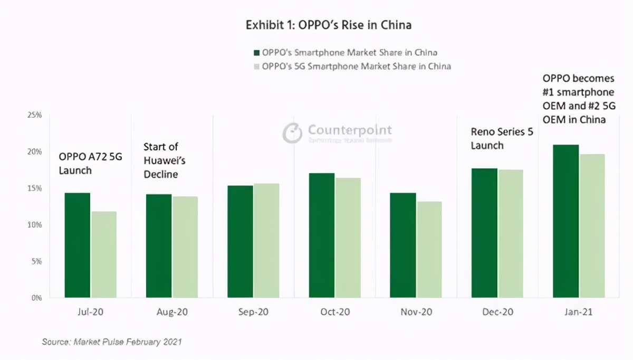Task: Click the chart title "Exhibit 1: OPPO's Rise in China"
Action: point(328,25)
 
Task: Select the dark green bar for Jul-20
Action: point(78,245)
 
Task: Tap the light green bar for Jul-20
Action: point(104,255)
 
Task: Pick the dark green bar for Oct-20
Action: point(322,235)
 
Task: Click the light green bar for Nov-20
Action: point(429,250)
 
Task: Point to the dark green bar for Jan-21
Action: point(566,221)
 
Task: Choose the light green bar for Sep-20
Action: point(266,241)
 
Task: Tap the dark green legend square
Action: point(257,53)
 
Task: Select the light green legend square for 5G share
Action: point(257,67)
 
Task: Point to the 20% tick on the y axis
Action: point(35,152)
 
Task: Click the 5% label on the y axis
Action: point(36,261)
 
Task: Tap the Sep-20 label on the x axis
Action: point(253,312)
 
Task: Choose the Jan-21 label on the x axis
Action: point(578,312)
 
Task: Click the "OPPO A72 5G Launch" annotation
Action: point(90,163)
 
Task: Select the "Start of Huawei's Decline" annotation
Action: point(165,160)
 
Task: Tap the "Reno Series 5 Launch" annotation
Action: point(502,138)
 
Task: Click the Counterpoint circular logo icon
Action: point(292,133)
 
